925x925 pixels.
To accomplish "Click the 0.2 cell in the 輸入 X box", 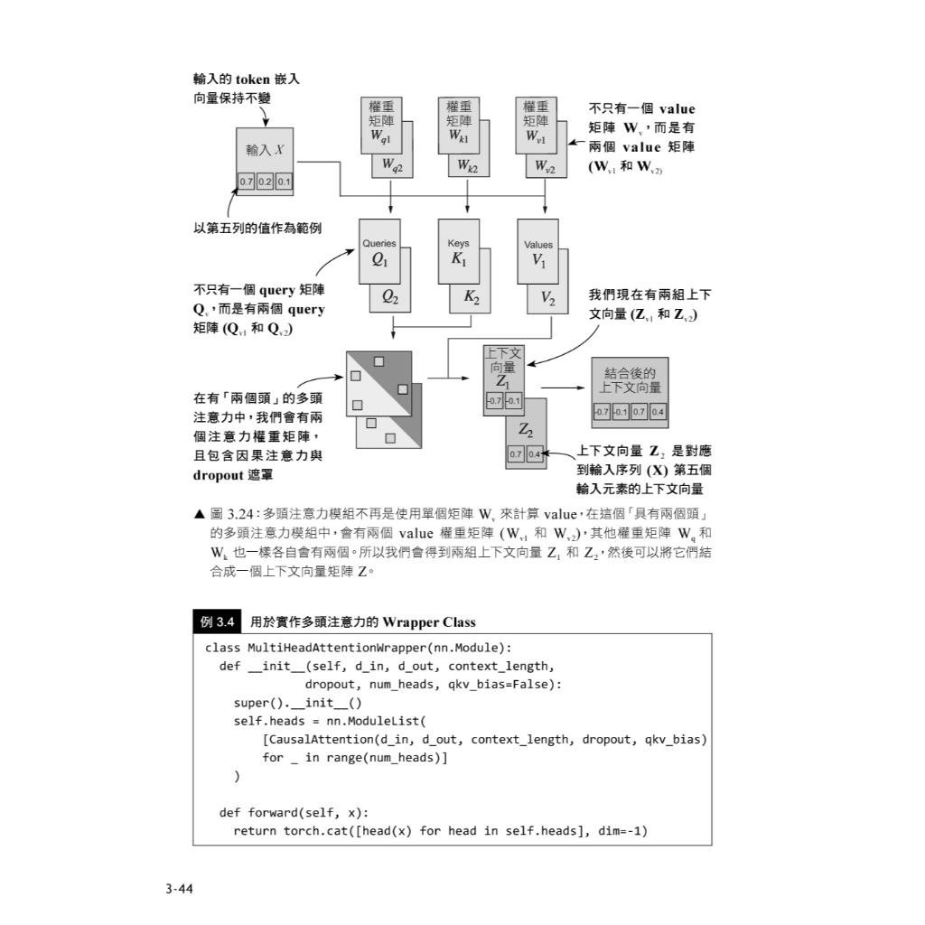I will [265, 182].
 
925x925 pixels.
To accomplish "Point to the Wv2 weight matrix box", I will [545, 166].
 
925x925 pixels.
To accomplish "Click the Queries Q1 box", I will [379, 253].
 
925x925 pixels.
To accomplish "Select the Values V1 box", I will [538, 254].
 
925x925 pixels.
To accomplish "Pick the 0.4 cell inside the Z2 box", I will [534, 454].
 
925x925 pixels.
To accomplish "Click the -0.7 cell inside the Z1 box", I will [494, 400].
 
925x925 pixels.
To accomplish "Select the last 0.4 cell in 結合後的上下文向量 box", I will [658, 413].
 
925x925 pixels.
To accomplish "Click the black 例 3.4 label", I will [217, 621].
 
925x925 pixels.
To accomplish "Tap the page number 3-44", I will [179, 889].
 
